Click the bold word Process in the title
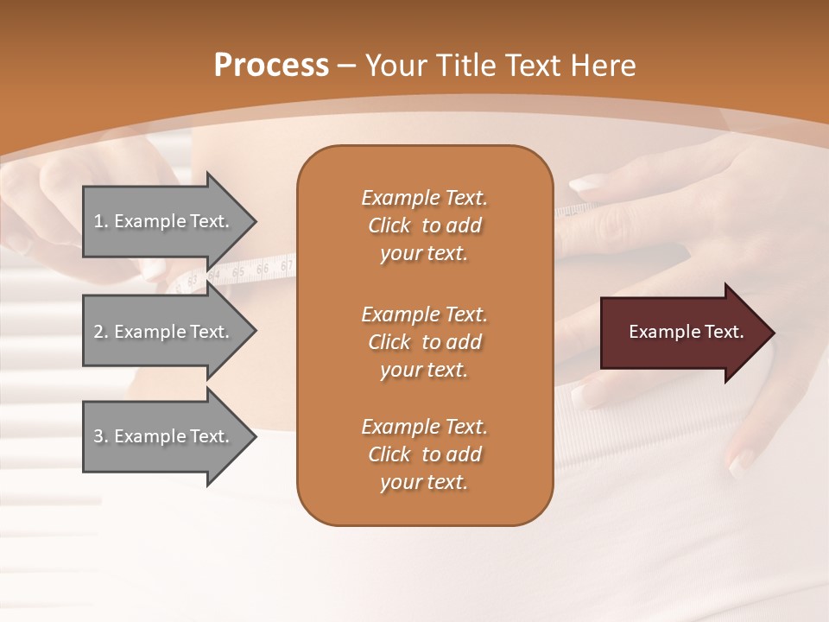click(271, 65)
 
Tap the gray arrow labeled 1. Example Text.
click(164, 221)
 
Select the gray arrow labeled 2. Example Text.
click(164, 332)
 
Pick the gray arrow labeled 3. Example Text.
click(164, 436)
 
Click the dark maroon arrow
click(682, 332)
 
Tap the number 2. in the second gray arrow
click(101, 332)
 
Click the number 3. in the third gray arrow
click(101, 436)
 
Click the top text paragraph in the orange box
click(424, 225)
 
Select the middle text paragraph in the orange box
click(424, 341)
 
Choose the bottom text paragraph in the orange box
click(424, 454)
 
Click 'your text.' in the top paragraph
click(424, 253)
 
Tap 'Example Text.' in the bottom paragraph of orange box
click(424, 427)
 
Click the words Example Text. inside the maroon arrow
click(686, 332)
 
